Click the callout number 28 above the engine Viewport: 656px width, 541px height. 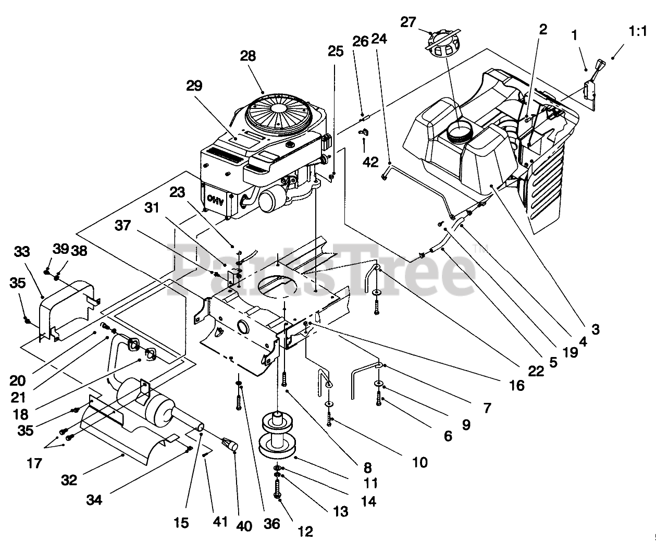[x=248, y=56]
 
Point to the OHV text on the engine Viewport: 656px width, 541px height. [x=214, y=199]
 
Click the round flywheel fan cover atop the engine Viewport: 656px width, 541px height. [x=277, y=112]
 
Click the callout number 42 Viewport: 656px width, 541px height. [x=370, y=162]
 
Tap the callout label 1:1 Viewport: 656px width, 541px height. [x=637, y=32]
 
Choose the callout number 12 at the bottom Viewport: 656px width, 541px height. [x=305, y=531]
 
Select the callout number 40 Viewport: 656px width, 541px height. [x=244, y=526]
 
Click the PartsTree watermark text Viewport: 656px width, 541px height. [x=323, y=271]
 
